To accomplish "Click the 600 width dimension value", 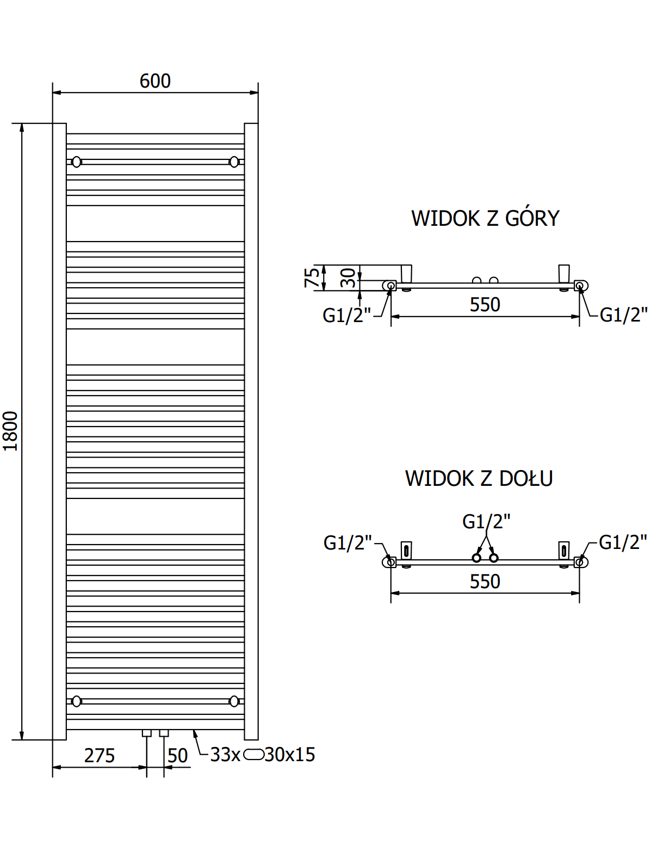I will pyautogui.click(x=155, y=81).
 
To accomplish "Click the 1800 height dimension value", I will pyautogui.click(x=10, y=430).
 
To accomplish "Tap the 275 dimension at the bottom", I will pyautogui.click(x=100, y=755).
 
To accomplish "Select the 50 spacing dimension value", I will pyautogui.click(x=177, y=755).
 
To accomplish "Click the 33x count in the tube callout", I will pyautogui.click(x=225, y=755).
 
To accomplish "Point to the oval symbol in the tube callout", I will pyautogui.click(x=253, y=755).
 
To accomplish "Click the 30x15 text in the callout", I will pyautogui.click(x=290, y=755).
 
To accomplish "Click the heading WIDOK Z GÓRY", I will pyautogui.click(x=485, y=218).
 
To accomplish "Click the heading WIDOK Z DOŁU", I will pyautogui.click(x=479, y=478).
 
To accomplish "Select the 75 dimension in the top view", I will pyautogui.click(x=312, y=277).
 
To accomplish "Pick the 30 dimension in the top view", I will pyautogui.click(x=348, y=278).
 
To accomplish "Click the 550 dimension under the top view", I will pyautogui.click(x=485, y=305).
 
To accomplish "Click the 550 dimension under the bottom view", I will pyautogui.click(x=485, y=582).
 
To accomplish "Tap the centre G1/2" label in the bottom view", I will pyautogui.click(x=486, y=521).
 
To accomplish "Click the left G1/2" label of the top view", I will pyautogui.click(x=346, y=315).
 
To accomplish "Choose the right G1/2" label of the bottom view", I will pyautogui.click(x=623, y=542).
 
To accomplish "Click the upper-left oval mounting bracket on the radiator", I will pyautogui.click(x=77, y=162).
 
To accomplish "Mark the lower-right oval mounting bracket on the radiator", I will pyautogui.click(x=234, y=701).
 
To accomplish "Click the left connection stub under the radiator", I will pyautogui.click(x=146, y=733).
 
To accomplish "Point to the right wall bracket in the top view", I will pyautogui.click(x=564, y=274).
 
